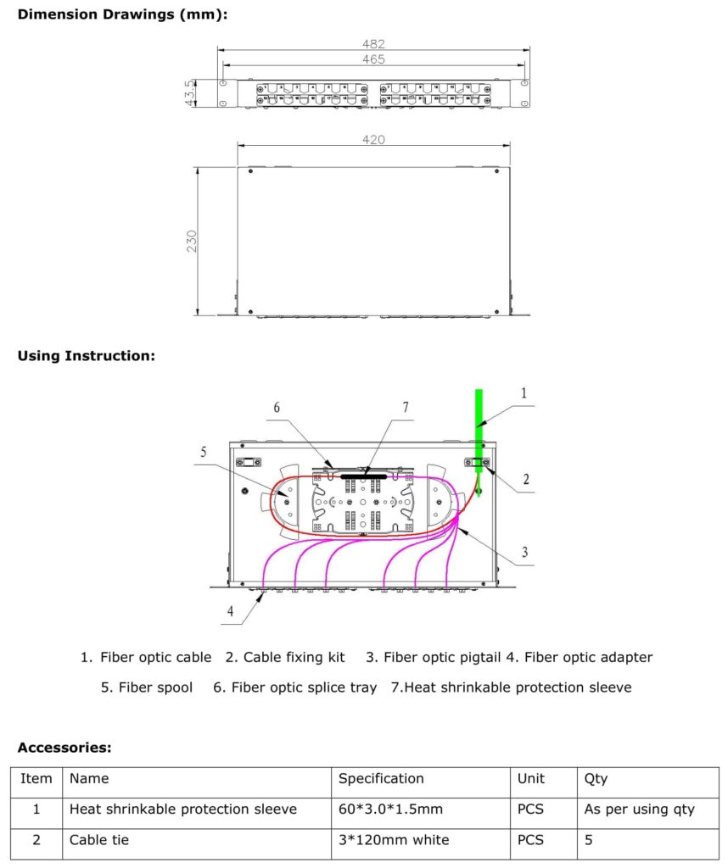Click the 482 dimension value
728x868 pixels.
[373, 44]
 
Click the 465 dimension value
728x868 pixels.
[373, 59]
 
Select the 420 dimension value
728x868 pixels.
[373, 139]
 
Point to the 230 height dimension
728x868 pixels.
[192, 241]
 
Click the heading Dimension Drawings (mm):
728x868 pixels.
[122, 14]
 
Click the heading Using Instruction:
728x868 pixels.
[87, 356]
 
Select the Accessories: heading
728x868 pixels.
[64, 748]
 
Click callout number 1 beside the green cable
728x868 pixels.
[524, 392]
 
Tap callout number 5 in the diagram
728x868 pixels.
[204, 452]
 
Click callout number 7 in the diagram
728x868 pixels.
[405, 408]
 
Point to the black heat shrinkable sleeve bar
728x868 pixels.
[363, 476]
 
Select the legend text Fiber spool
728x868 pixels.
[155, 687]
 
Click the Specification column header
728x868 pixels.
[381, 778]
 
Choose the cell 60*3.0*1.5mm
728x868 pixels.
[390, 810]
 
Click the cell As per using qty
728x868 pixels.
[639, 810]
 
